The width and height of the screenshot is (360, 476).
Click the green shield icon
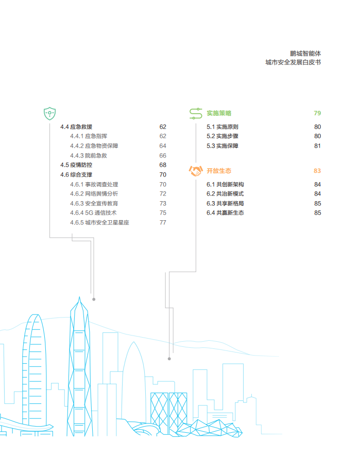49,114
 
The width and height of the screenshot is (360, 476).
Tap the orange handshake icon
196,171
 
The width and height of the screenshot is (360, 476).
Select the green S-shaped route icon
196,113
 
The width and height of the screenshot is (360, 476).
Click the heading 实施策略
219,113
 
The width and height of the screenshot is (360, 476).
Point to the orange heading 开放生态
219,171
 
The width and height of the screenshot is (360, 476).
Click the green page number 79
317,113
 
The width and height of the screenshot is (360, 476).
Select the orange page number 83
317,171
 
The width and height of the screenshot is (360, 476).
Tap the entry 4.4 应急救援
76,127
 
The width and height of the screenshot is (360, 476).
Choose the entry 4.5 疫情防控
76,165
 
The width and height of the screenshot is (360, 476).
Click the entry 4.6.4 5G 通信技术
93,213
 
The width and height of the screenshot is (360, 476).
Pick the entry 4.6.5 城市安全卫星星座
99,222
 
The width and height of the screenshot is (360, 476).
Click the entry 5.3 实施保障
222,146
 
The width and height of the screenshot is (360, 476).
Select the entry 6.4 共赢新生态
225,213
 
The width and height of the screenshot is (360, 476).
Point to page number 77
163,222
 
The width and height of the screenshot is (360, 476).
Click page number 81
317,146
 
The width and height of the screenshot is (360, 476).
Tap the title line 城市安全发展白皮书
293,62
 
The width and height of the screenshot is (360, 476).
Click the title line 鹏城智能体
305,54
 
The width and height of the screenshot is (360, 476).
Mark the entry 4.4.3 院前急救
89,156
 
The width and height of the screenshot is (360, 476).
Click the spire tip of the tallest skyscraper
80,297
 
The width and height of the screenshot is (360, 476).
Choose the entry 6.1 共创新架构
225,185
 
